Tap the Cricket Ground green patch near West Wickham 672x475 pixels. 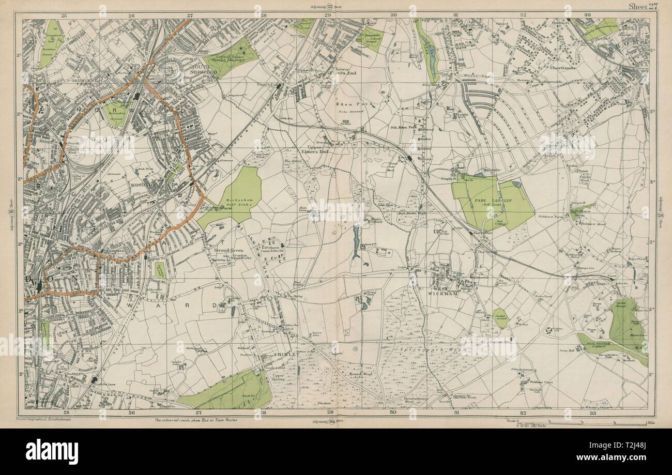[500, 317]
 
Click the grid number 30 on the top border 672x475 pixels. [393, 16]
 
